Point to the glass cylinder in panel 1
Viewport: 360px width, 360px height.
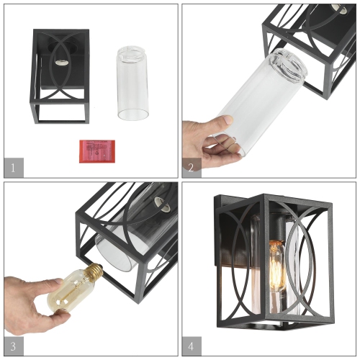click(132, 83)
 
